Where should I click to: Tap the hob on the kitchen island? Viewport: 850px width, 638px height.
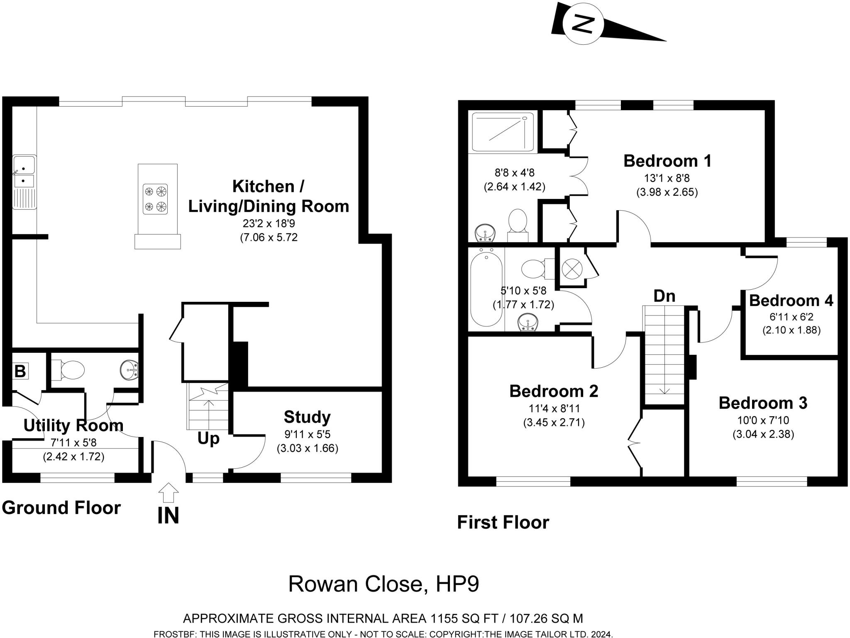point(155,199)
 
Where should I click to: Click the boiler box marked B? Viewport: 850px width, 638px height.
point(20,371)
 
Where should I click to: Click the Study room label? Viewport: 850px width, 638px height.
point(307,417)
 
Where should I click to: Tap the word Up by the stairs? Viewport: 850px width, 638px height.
point(208,438)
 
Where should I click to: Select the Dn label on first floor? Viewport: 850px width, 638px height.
point(664,296)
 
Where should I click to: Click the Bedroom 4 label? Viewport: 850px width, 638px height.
point(791,301)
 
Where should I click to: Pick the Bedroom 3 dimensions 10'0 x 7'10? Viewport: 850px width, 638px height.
point(763,420)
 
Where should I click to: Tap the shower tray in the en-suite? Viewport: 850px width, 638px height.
point(503,133)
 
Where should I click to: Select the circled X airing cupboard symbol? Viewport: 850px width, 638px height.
point(572,268)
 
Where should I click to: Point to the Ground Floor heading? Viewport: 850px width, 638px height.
point(61,507)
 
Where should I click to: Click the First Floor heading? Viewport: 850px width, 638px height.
point(503,522)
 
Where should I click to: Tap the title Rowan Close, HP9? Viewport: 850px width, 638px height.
point(383,584)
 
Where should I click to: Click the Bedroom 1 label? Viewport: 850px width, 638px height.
point(667,161)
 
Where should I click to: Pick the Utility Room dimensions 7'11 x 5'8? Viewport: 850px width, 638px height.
point(73,443)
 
